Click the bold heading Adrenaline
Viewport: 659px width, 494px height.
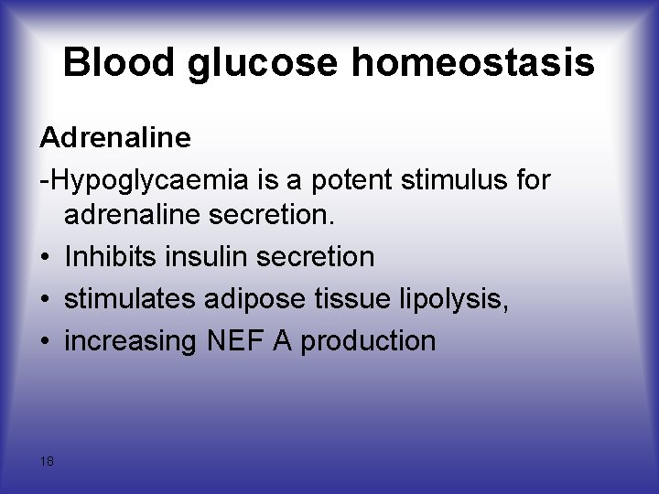[x=115, y=138]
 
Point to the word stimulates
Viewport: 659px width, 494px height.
[x=133, y=299]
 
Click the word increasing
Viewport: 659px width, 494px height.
[x=130, y=341]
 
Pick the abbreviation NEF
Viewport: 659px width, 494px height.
[x=235, y=340]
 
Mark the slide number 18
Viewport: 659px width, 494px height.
[x=47, y=460]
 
